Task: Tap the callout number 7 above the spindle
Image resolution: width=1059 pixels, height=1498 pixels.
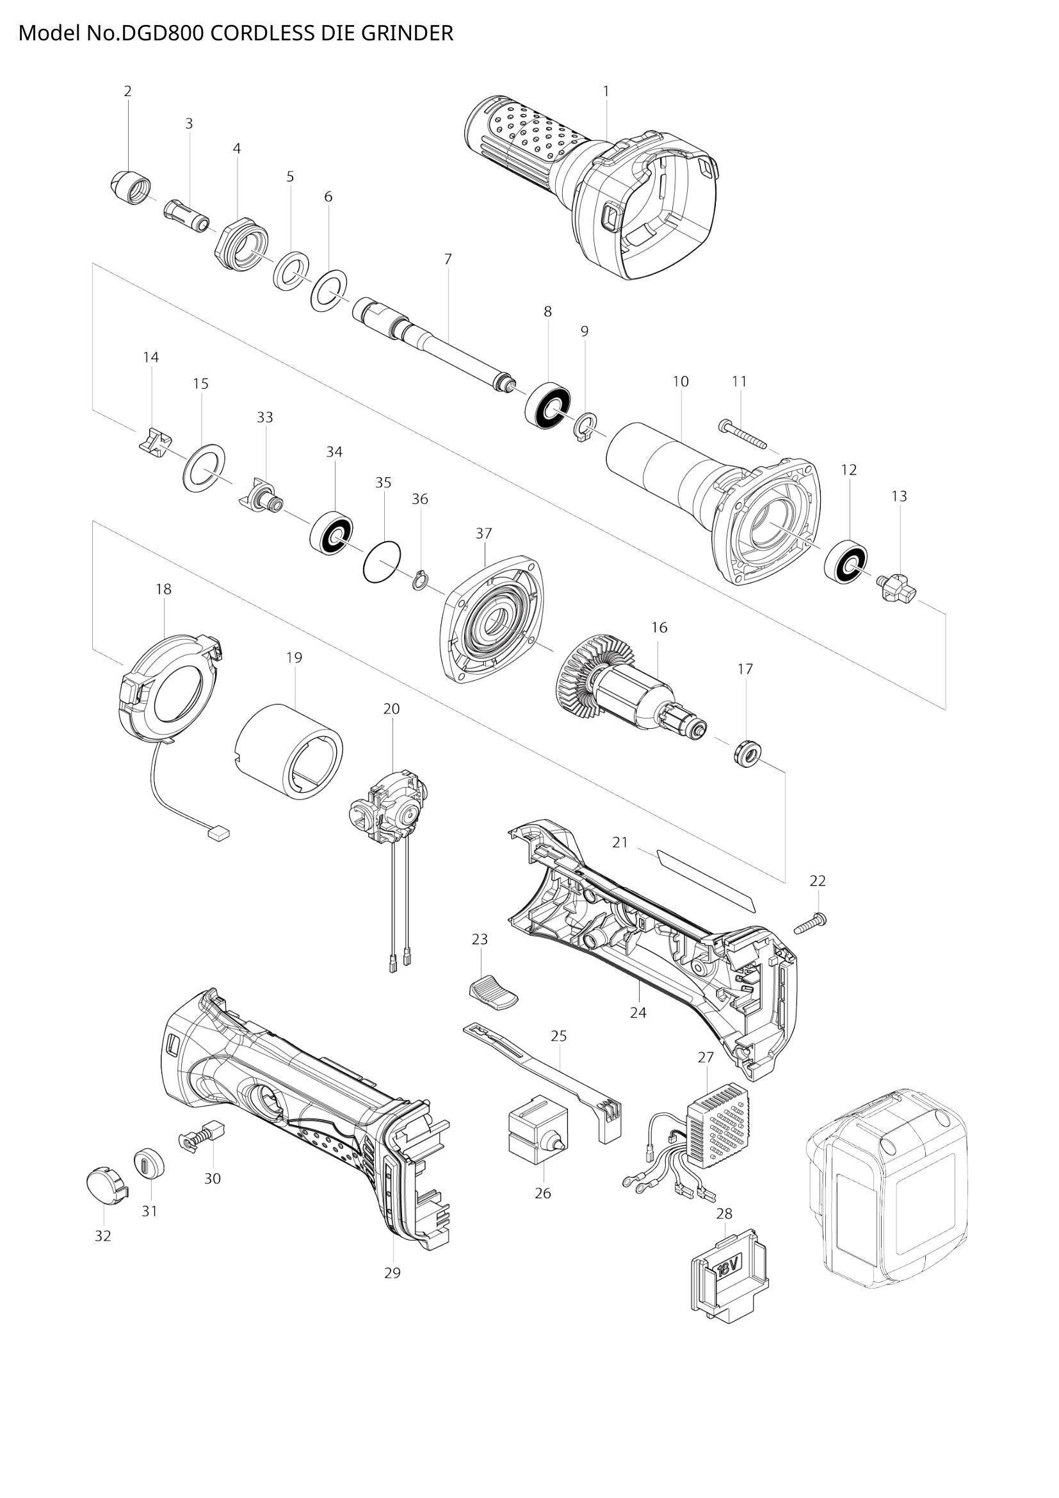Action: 448,259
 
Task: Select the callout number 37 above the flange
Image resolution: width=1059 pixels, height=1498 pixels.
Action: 483,533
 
